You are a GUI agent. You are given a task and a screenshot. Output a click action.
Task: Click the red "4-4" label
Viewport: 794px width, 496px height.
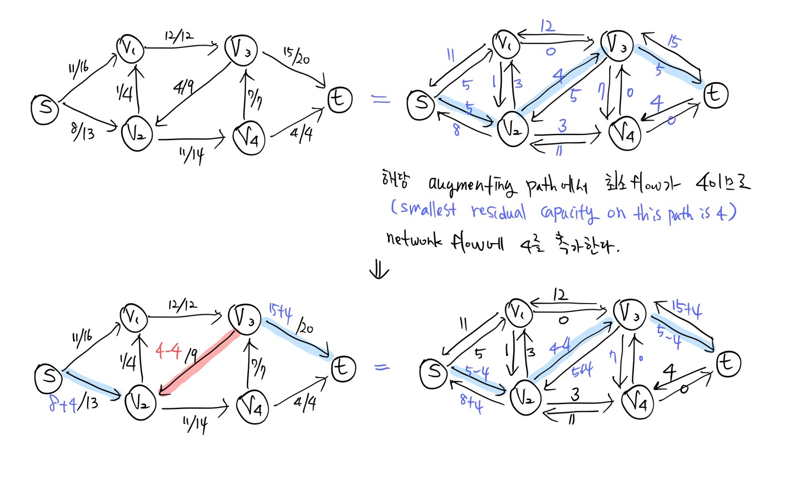click(169, 350)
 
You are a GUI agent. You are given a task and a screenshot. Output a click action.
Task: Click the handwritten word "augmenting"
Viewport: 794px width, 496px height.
click(473, 185)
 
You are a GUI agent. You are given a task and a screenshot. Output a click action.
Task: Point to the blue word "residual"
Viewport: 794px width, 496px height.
click(498, 212)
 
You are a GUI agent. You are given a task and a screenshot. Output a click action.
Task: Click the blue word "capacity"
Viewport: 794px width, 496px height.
click(568, 213)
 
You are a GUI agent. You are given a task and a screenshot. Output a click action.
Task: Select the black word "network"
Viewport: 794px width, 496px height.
click(414, 240)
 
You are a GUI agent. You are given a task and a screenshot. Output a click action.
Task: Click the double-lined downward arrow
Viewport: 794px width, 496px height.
click(379, 269)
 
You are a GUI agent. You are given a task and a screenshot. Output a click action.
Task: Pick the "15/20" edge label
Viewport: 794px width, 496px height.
click(297, 55)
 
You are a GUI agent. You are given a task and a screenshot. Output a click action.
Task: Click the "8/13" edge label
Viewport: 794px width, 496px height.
click(83, 131)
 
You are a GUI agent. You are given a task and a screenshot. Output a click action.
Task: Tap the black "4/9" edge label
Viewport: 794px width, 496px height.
click(184, 87)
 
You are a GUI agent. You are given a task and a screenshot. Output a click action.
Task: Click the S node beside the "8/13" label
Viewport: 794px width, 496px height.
click(45, 107)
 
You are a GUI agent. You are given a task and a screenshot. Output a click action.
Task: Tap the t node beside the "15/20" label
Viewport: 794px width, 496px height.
click(340, 99)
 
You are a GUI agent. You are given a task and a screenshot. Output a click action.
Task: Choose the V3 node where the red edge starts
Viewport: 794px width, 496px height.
click(244, 319)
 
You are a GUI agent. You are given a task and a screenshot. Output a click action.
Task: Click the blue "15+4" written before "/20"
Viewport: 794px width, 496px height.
click(280, 312)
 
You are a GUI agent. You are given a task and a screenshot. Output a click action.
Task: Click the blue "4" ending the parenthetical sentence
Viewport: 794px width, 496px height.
click(721, 212)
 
